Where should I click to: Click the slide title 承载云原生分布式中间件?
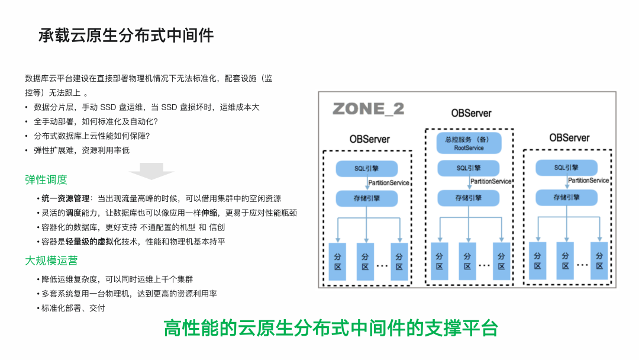126,36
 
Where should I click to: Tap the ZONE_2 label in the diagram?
368,109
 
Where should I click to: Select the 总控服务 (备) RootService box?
469,143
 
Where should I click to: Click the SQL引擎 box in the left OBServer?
367,169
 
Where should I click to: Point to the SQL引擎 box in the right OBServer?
566,168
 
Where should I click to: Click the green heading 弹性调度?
46,179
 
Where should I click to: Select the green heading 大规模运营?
51,261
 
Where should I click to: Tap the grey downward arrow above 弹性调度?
151,172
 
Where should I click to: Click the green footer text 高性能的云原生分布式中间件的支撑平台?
331,329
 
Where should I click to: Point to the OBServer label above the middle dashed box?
471,113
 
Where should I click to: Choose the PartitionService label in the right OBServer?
588,181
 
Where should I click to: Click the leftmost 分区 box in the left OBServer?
338,261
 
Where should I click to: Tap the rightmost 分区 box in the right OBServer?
599,261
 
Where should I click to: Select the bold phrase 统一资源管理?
65,198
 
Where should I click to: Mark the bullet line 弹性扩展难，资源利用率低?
82,150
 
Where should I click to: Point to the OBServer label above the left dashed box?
369,139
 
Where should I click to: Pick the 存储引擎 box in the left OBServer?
367,198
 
